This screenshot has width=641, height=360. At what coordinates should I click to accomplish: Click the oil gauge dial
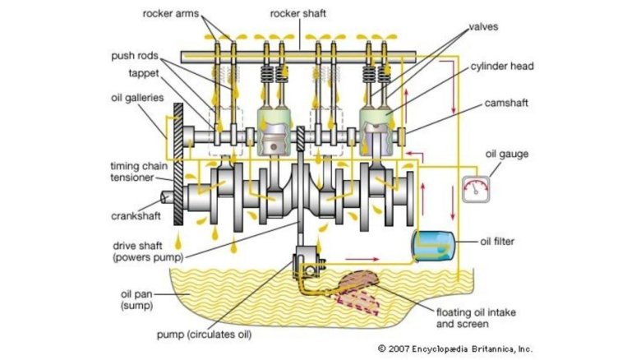[475, 190]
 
